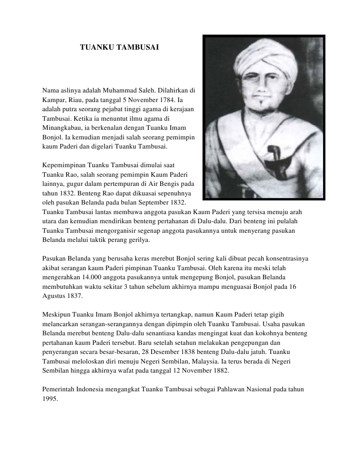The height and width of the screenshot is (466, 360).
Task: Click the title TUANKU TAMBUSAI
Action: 120,47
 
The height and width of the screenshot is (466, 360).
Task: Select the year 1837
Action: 76,296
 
